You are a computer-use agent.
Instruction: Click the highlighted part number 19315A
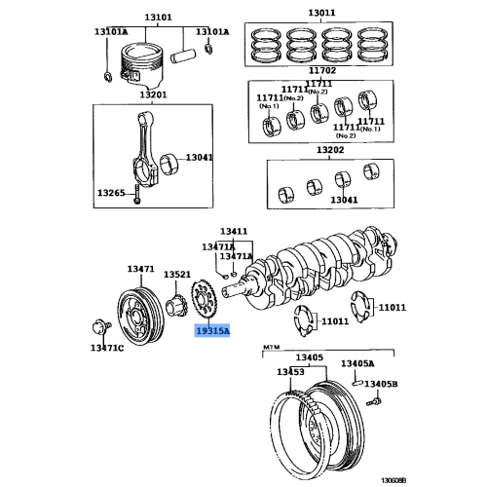[x=211, y=331]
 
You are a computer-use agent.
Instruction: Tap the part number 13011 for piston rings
[x=320, y=13]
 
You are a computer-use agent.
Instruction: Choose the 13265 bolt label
[x=111, y=193]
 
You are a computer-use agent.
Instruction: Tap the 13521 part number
[x=176, y=276]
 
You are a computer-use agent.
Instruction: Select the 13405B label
[x=369, y=384]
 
